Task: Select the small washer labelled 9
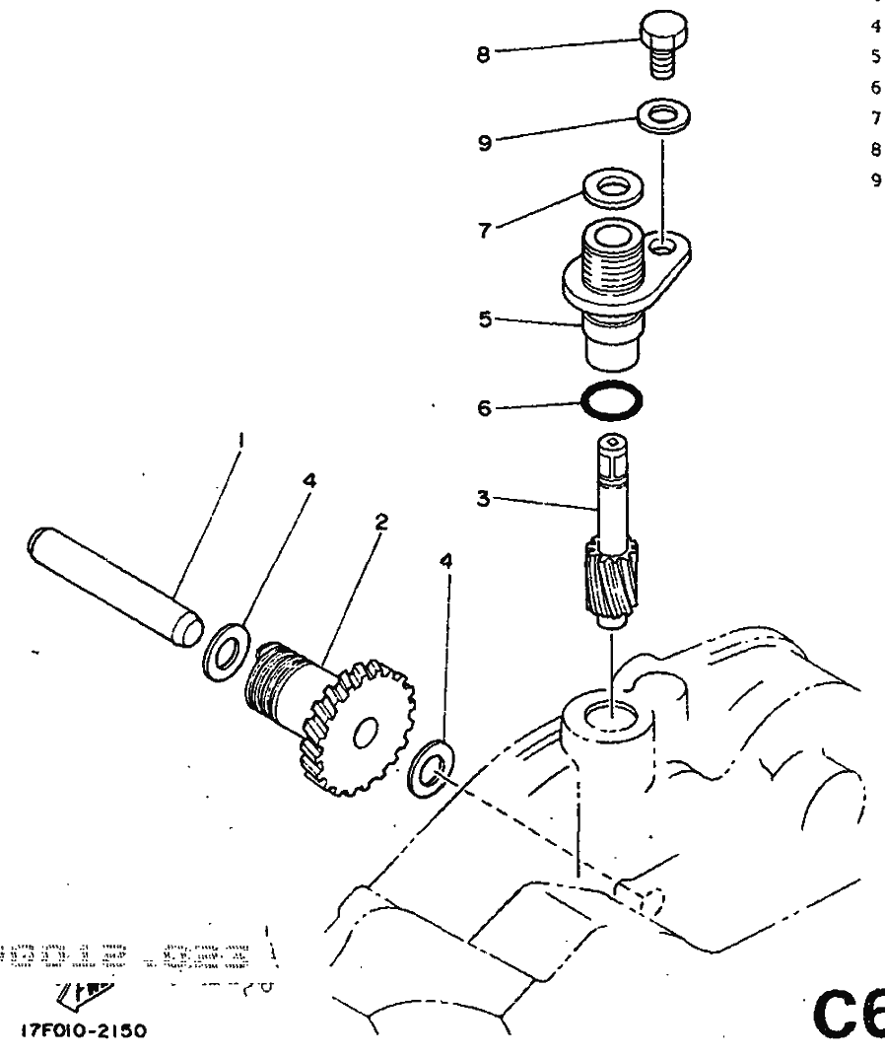(662, 114)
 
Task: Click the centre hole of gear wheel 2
(365, 732)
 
